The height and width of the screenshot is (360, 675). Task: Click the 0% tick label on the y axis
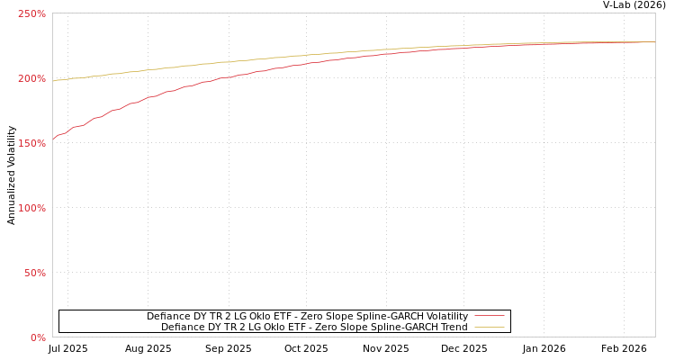click(38, 337)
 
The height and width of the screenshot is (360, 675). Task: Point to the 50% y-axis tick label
click(35, 273)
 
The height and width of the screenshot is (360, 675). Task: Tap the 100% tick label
click(31, 208)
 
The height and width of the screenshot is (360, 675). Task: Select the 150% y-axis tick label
click(31, 143)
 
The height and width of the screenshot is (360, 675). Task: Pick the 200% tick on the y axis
click(31, 78)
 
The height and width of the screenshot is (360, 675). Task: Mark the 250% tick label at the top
click(31, 13)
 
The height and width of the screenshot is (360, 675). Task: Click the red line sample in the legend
click(489, 317)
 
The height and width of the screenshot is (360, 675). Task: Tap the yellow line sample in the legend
click(489, 328)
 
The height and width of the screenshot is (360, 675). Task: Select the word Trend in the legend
click(453, 328)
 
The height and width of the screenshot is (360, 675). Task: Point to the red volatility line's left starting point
click(53, 139)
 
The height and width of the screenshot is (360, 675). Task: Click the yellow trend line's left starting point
click(53, 81)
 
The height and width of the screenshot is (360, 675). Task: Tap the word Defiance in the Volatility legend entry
click(167, 317)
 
